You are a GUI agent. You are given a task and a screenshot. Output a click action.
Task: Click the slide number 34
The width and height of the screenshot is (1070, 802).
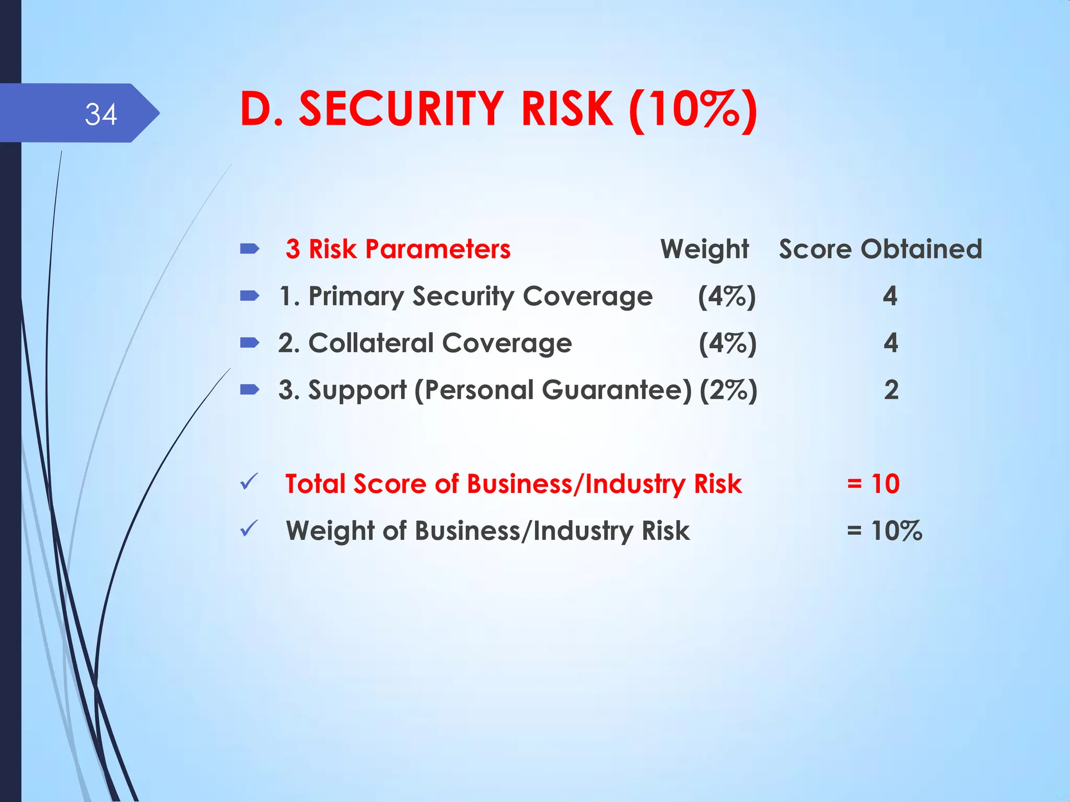click(101, 114)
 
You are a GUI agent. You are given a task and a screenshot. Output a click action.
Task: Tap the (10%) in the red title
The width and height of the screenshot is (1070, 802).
click(693, 110)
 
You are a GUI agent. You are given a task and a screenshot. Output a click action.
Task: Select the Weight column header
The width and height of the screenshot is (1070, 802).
click(704, 249)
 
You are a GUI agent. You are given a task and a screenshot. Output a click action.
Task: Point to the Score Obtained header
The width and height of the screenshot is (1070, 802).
click(880, 249)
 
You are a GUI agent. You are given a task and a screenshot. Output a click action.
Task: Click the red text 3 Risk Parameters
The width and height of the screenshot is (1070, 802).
click(398, 249)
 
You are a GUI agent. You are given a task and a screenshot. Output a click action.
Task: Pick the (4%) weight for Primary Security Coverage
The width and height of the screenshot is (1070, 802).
click(727, 297)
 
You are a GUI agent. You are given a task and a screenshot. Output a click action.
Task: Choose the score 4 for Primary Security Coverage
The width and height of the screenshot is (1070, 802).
click(890, 296)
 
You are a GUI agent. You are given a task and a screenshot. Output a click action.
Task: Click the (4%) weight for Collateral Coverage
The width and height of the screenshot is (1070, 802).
click(728, 344)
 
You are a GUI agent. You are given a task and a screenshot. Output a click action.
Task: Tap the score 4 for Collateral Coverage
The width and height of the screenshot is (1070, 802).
click(891, 343)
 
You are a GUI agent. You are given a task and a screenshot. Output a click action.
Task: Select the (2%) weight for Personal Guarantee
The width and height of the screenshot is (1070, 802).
click(728, 391)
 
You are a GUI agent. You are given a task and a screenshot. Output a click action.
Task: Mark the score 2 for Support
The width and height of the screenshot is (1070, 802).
click(891, 390)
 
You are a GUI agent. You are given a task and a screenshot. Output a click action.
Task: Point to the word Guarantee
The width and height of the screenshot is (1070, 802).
click(617, 390)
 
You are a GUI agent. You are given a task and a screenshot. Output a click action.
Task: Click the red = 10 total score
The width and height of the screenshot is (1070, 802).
click(873, 483)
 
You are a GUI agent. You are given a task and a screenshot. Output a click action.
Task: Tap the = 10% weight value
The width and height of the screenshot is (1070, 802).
click(884, 530)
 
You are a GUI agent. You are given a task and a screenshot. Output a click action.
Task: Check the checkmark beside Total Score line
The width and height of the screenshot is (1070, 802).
click(249, 482)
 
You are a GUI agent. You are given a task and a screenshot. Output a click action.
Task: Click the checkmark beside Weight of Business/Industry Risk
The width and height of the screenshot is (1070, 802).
click(249, 529)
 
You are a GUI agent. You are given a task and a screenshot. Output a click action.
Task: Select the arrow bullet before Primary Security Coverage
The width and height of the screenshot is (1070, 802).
click(250, 296)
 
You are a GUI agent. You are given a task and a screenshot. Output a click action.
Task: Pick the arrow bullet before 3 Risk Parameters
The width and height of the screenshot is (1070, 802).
click(250, 249)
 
